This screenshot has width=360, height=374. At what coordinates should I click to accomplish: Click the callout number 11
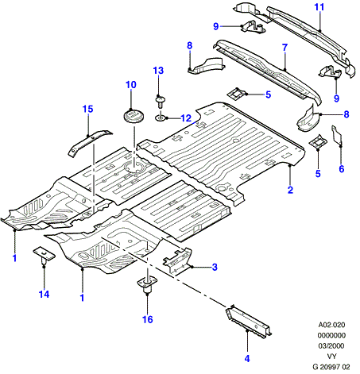[319, 7]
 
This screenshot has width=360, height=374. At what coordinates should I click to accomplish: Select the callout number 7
[285, 48]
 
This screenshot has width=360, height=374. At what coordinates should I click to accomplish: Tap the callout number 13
[158, 71]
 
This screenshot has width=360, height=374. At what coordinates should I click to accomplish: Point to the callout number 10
[131, 85]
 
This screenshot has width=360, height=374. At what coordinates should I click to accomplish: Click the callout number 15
[88, 109]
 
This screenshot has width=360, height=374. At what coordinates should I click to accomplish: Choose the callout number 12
[186, 118]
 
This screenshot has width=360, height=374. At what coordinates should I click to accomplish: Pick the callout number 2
[290, 190]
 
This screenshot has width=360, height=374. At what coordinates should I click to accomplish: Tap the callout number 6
[342, 169]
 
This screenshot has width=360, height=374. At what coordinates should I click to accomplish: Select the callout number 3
[215, 267]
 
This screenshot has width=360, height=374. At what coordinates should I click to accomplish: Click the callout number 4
[247, 359]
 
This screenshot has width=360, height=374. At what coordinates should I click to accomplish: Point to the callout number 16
[148, 319]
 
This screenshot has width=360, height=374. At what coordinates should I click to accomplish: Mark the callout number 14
[44, 294]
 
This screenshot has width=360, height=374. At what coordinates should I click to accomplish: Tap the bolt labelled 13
[160, 102]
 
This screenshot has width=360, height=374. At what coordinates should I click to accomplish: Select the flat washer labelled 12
[160, 118]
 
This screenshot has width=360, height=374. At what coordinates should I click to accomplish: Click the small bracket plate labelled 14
[44, 254]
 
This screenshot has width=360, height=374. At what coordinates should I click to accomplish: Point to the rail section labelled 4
[249, 322]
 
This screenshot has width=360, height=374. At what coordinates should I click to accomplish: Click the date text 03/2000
[331, 346]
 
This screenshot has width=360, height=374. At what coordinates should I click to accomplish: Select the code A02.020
[331, 325]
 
